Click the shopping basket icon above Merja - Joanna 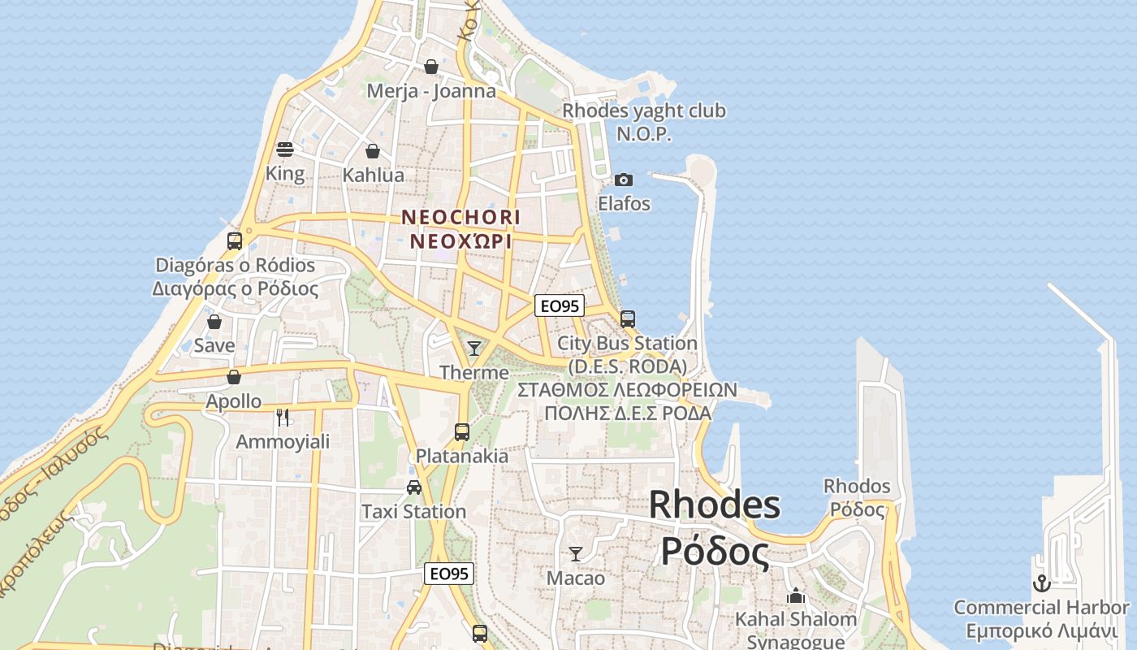(431, 67)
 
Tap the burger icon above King (285, 149)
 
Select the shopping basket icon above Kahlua (373, 151)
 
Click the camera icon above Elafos (624, 180)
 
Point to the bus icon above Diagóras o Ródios (235, 240)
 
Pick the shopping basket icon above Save (214, 322)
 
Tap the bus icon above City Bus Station (628, 318)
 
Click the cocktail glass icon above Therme (474, 349)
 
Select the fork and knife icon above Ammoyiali (283, 418)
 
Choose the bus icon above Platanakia (462, 432)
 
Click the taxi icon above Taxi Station (414, 487)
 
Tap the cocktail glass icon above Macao (576, 554)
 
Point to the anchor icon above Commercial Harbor (1041, 583)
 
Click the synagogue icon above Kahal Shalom (796, 596)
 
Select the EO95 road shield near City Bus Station (560, 305)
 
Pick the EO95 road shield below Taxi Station (449, 574)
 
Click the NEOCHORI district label (460, 217)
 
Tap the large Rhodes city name (715, 505)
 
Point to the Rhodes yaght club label (644, 110)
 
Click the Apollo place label (233, 401)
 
